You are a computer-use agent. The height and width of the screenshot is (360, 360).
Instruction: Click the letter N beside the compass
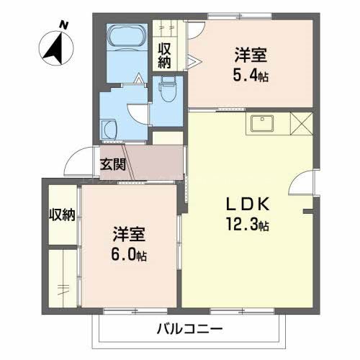point(64,25)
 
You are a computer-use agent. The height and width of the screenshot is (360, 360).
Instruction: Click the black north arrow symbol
point(53,46)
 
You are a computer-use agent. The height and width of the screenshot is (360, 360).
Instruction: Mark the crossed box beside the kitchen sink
point(302,123)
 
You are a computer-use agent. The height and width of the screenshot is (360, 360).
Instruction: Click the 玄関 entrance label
point(112,163)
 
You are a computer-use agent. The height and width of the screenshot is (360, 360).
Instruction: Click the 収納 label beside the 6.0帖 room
point(61,215)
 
